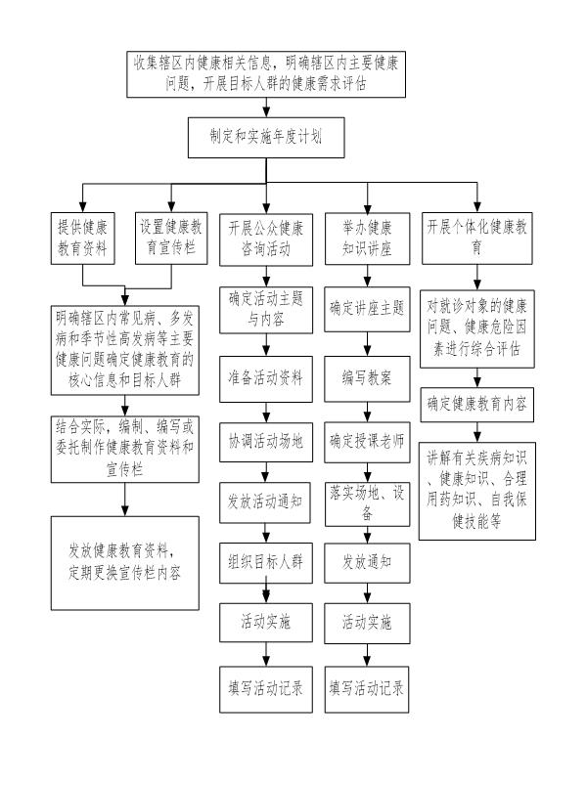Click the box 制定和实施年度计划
tap(266, 138)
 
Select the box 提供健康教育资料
tap(82, 239)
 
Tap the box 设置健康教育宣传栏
tap(171, 239)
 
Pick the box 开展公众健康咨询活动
tap(266, 240)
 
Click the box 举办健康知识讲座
tap(367, 239)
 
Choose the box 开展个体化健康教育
tap(476, 239)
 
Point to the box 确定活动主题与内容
tap(266, 310)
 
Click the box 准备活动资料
tap(266, 379)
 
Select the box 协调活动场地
tap(266, 442)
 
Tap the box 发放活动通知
tap(265, 502)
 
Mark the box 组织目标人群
tap(266, 563)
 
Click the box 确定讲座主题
tap(367, 309)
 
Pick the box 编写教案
tap(367, 379)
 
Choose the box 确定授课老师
tap(367, 442)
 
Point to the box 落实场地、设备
tap(367, 504)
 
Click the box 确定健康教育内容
tap(476, 405)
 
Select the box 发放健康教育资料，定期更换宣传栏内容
tap(124, 563)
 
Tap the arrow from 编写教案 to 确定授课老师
tap(367, 412)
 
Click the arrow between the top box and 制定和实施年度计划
tap(266, 108)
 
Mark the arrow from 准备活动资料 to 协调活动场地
tap(266, 413)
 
